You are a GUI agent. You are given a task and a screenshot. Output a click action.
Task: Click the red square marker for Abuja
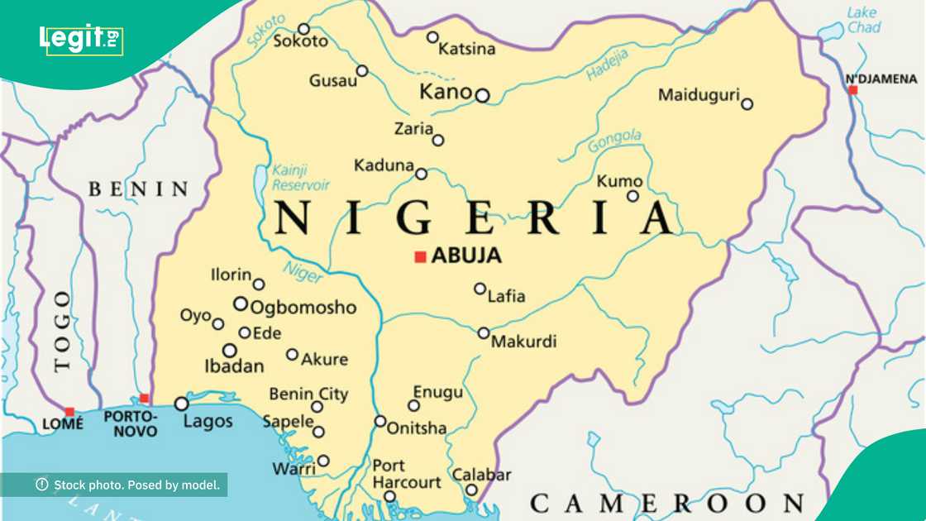(x=420, y=257)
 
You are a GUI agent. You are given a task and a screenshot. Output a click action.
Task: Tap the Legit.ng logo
(x=81, y=39)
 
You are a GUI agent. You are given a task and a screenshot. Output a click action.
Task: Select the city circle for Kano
(x=482, y=95)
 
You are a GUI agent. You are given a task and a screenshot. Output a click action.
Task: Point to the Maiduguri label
(x=698, y=95)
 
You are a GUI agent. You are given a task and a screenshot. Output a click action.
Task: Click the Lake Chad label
(x=863, y=20)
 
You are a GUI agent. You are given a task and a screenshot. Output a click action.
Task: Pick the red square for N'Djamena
(x=853, y=89)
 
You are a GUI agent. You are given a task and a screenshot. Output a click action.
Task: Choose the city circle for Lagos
(x=181, y=404)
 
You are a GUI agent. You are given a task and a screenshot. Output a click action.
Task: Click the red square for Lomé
(x=69, y=411)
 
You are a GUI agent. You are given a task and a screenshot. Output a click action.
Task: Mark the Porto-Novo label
(x=131, y=424)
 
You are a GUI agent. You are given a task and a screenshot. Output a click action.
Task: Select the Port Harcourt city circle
(x=389, y=496)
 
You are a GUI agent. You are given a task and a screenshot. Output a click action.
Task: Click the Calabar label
(x=481, y=476)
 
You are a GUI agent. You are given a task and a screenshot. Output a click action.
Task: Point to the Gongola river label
(x=614, y=141)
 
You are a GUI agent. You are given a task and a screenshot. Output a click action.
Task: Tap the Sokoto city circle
(x=303, y=29)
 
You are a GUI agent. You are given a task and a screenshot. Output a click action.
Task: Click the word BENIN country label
(x=139, y=189)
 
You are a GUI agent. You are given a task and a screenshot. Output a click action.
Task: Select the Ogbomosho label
(x=303, y=308)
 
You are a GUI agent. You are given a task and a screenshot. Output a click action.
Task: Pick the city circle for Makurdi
(x=484, y=332)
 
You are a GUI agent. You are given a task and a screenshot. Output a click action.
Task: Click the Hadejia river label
(x=608, y=65)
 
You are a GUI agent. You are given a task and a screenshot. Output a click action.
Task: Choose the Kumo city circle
(x=632, y=196)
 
